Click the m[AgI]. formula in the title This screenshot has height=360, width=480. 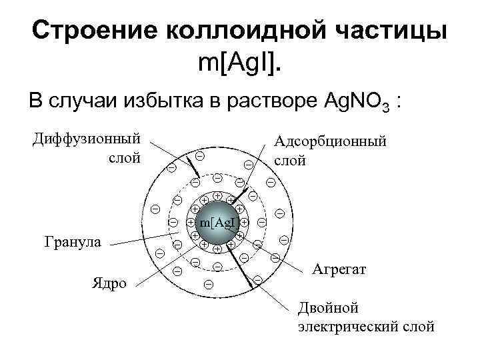[x=240, y=63]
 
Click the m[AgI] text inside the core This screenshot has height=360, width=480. [x=219, y=221]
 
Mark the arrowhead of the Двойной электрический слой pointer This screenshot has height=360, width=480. [x=253, y=285]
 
